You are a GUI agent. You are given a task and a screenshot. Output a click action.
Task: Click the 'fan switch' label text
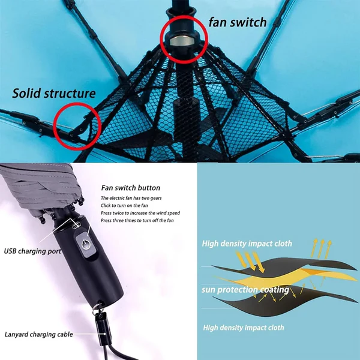coord(238,22)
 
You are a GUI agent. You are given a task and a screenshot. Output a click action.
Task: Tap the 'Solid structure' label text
coord(54,94)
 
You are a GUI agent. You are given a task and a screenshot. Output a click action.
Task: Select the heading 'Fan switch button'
coord(130,188)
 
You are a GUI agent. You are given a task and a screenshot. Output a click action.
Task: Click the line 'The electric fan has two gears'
coord(131,198)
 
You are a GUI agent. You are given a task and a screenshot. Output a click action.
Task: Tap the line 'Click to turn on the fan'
coord(124,205)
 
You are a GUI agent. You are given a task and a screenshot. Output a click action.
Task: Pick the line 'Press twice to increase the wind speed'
coord(140,213)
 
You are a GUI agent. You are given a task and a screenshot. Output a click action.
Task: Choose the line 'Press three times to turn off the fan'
coord(137,220)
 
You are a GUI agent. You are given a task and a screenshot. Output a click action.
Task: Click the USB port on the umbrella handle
coord(76,227)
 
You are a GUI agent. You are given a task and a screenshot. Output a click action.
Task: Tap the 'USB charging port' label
coord(32,251)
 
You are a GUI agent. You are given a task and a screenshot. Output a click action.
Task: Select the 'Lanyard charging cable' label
coord(39,334)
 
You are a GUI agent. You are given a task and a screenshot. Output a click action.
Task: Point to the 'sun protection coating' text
coord(245,290)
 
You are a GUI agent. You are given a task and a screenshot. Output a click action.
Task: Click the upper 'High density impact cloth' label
coord(247,244)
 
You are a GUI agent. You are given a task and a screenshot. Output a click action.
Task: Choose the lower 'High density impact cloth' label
coord(244,328)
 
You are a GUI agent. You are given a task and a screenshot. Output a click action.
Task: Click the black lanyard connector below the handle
coord(103,329)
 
